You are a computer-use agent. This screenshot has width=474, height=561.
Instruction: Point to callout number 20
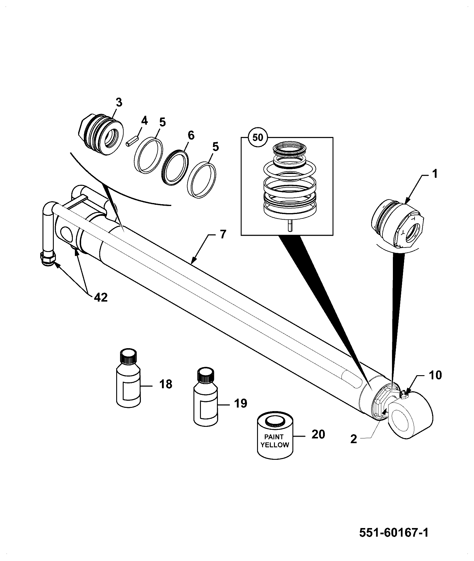[318, 434]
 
